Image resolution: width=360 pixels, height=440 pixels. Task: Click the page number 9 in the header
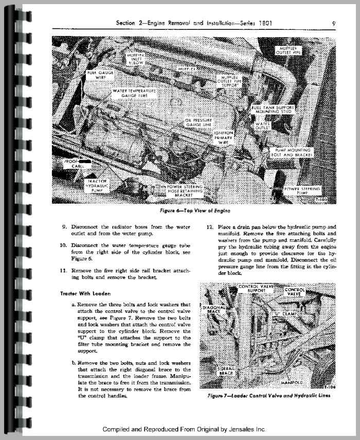click(x=334, y=23)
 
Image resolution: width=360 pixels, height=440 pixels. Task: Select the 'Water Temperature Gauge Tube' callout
click(x=133, y=93)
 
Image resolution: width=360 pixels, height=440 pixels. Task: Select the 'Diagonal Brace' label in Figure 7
click(x=213, y=310)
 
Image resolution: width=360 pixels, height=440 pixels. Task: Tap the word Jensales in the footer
click(x=250, y=429)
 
